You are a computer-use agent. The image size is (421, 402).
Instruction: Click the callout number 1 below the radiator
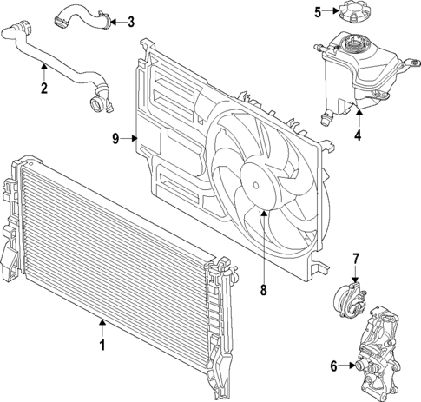click(102, 346)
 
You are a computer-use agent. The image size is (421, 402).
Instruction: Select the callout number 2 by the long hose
click(43, 87)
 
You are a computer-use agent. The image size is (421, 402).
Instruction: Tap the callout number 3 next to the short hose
click(130, 22)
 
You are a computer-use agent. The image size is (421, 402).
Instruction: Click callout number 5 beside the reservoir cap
click(318, 11)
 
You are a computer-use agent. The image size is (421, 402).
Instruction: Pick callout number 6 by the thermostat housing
click(332, 366)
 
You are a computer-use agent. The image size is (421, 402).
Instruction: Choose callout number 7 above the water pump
click(355, 258)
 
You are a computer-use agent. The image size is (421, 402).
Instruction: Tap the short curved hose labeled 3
click(82, 17)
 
